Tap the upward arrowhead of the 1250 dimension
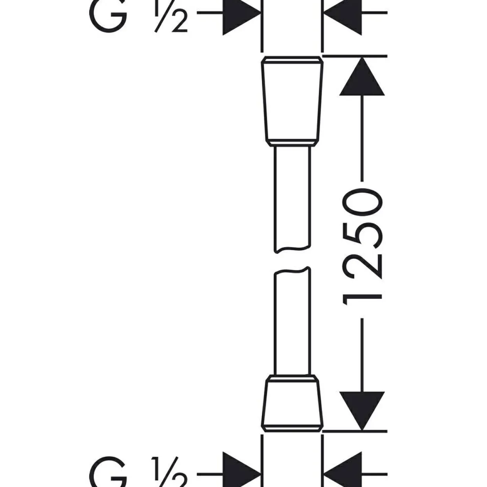pyautogui.click(x=362, y=77)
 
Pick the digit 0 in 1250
pyautogui.click(x=362, y=202)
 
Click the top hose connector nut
pyautogui.click(x=292, y=101)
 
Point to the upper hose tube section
pyautogui.click(x=293, y=200)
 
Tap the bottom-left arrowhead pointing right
pyautogui.click(x=242, y=472)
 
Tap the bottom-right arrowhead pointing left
pyautogui.click(x=342, y=472)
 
